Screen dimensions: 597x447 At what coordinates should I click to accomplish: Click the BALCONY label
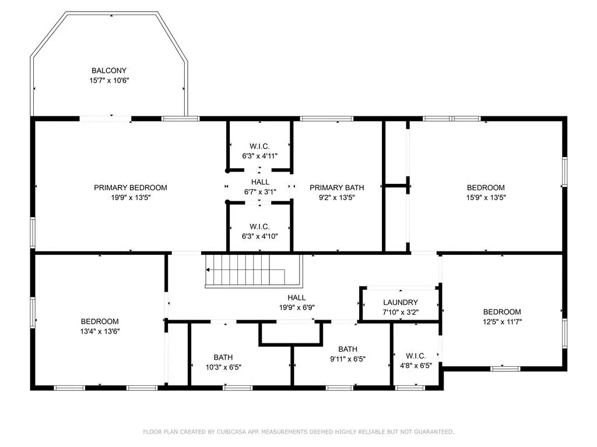pyautogui.click(x=109, y=70)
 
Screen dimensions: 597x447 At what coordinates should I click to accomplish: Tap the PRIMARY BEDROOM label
pyautogui.click(x=131, y=187)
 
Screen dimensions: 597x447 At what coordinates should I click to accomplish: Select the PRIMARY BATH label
pyautogui.click(x=337, y=187)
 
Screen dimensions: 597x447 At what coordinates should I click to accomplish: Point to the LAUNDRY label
pyautogui.click(x=401, y=302)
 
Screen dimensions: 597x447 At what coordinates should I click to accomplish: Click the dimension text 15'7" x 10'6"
pyautogui.click(x=109, y=80)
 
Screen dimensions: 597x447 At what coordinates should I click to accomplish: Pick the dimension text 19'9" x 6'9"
pyautogui.click(x=297, y=307)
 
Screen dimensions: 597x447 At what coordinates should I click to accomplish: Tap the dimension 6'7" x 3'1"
pyautogui.click(x=260, y=192)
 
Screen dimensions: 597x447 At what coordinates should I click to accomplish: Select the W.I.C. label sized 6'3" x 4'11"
pyautogui.click(x=259, y=146)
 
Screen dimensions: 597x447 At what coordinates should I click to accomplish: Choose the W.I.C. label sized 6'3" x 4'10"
pyautogui.click(x=259, y=226)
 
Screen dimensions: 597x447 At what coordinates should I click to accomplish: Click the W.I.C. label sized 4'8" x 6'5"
pyautogui.click(x=416, y=356)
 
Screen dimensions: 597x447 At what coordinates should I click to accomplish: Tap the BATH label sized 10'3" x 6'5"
pyautogui.click(x=223, y=357)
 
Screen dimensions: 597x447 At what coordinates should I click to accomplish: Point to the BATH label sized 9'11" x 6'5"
pyautogui.click(x=347, y=349)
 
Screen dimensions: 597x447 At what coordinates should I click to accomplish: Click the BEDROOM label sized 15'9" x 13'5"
pyautogui.click(x=486, y=187)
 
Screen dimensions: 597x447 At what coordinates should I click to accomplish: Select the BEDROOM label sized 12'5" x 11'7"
pyautogui.click(x=502, y=312)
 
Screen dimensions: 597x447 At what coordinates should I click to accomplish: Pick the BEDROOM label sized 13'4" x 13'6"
pyautogui.click(x=100, y=321)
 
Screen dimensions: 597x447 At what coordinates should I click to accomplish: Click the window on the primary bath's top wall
pyautogui.click(x=326, y=119)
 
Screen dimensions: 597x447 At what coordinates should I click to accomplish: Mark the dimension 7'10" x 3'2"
pyautogui.click(x=401, y=313)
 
